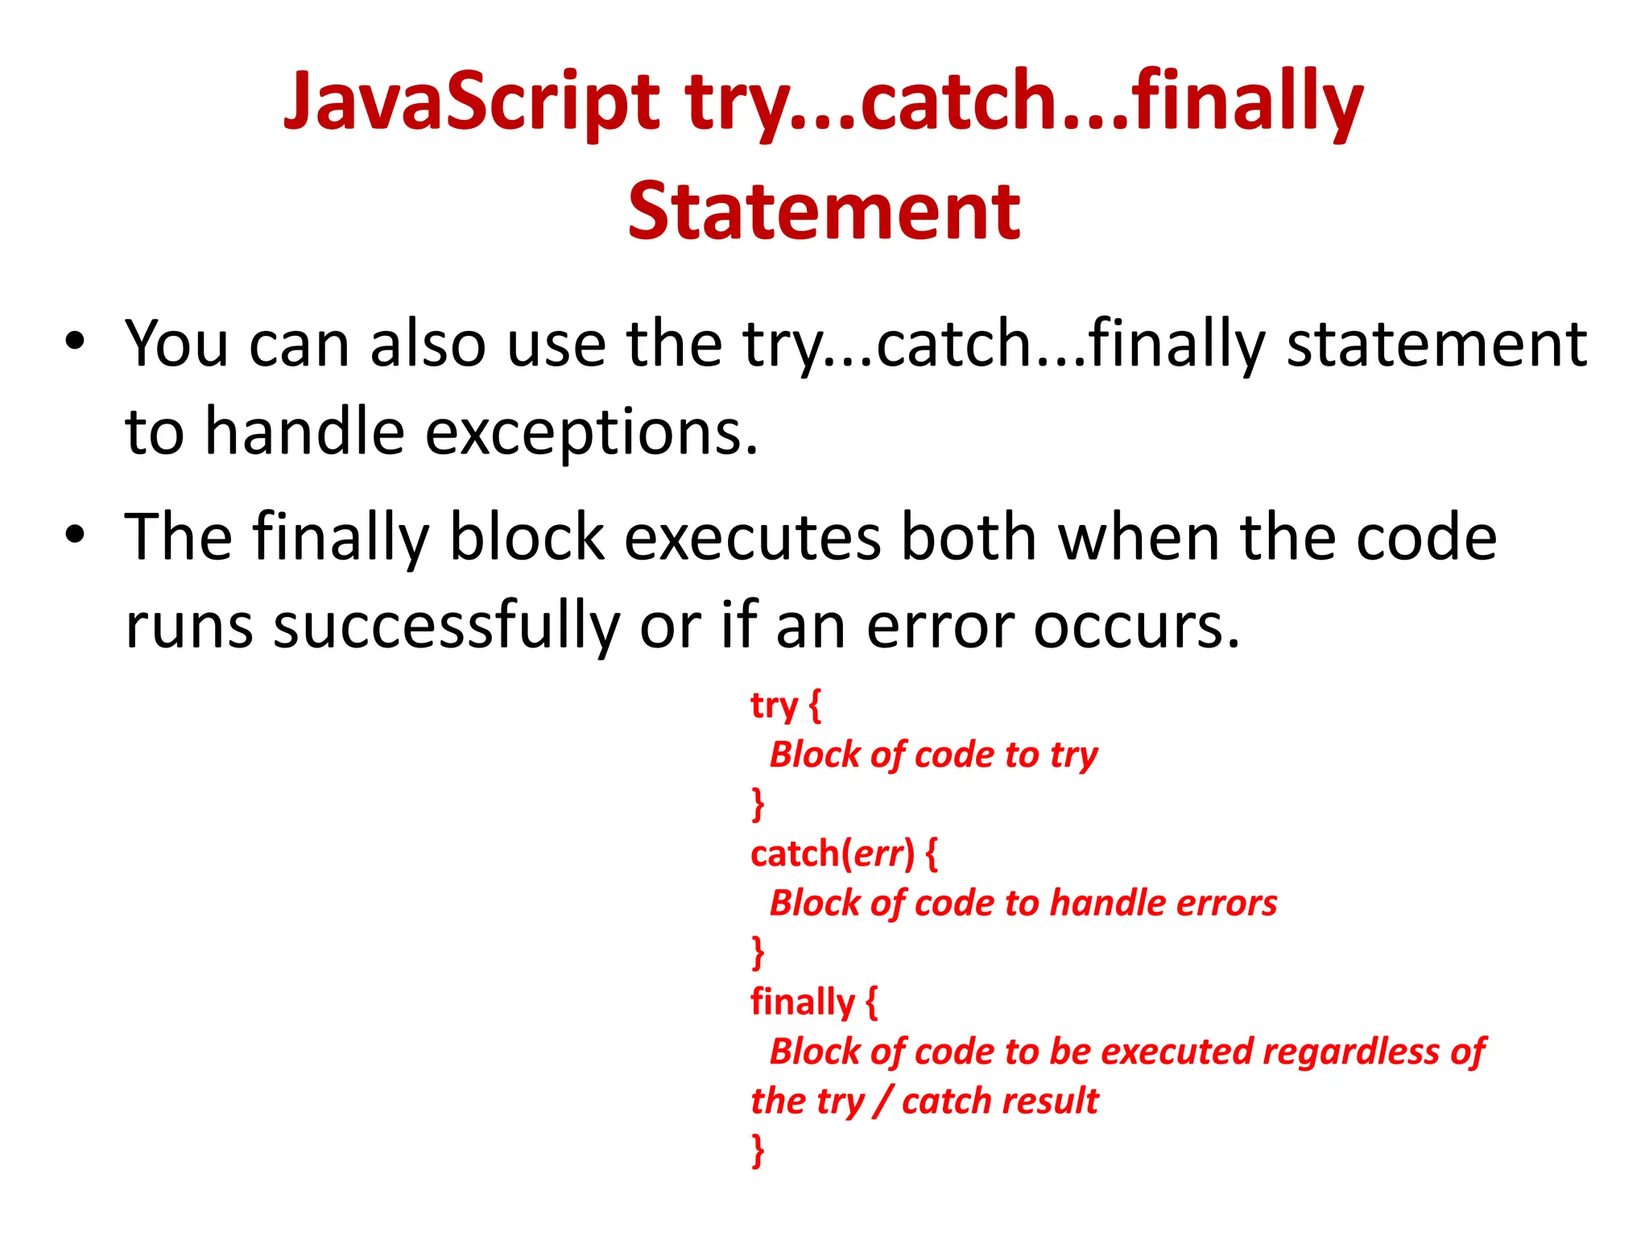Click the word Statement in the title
[824, 211]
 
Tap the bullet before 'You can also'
[75, 341]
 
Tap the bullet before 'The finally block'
[75, 535]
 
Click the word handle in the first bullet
[304, 431]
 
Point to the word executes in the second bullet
[752, 537]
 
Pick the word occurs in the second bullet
[1136, 627]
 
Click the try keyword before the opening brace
[774, 706]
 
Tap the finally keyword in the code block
[802, 1002]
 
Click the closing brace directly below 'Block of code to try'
[758, 804]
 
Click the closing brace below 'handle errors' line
[758, 952]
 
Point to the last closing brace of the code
[758, 1149]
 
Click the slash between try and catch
[883, 1101]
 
